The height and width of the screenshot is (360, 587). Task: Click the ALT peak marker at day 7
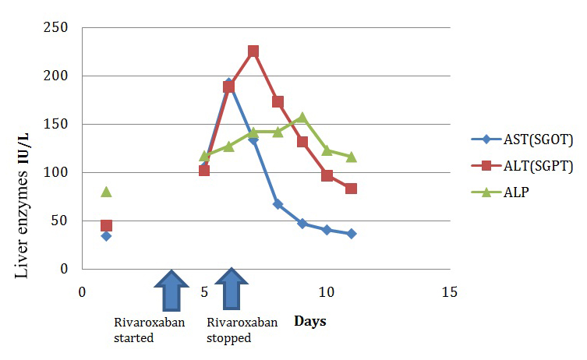(x=253, y=51)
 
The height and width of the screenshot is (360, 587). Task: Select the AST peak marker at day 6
(x=228, y=83)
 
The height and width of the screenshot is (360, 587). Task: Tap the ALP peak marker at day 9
(x=302, y=118)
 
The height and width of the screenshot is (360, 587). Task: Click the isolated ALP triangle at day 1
(x=106, y=191)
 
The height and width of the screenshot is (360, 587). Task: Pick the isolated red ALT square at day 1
(x=106, y=226)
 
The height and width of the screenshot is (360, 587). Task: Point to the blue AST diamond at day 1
(x=106, y=236)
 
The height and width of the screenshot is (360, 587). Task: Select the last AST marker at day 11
(x=351, y=234)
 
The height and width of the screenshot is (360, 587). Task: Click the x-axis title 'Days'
(x=310, y=321)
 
